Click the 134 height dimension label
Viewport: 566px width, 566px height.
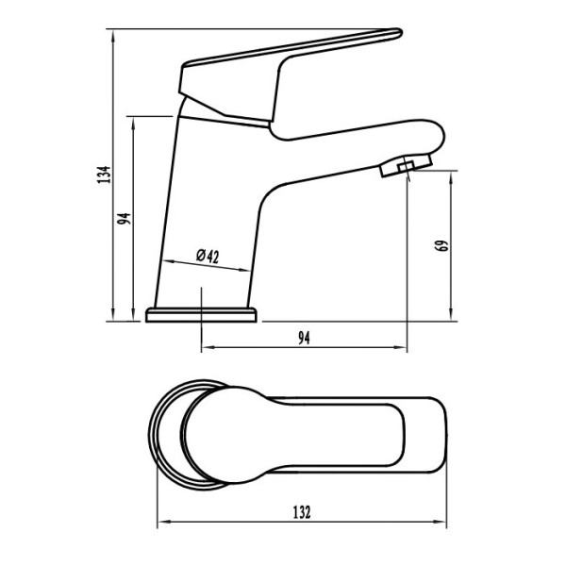[x=104, y=175]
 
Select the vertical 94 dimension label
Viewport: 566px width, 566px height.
[x=124, y=219]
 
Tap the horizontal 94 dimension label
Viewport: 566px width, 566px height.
[x=304, y=338]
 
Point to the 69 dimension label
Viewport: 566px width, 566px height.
[x=442, y=245]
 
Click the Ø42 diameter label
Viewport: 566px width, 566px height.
[x=208, y=256]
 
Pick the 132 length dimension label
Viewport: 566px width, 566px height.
[x=302, y=512]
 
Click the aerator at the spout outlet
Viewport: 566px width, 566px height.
[x=406, y=166]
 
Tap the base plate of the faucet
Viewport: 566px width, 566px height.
[x=201, y=315]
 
